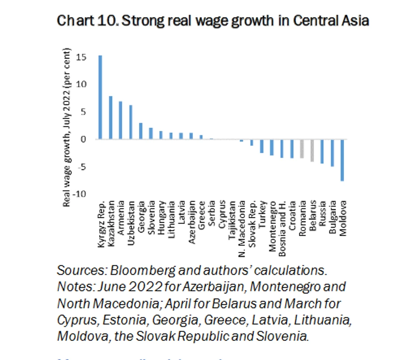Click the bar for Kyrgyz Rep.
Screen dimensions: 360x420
(101, 97)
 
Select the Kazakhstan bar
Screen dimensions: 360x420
(111, 118)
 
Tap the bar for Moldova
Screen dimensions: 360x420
(342, 160)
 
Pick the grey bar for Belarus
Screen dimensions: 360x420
(312, 150)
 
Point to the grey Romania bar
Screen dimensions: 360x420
(302, 148)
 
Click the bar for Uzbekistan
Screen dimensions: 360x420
(131, 122)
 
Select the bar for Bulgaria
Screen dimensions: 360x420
(332, 153)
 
